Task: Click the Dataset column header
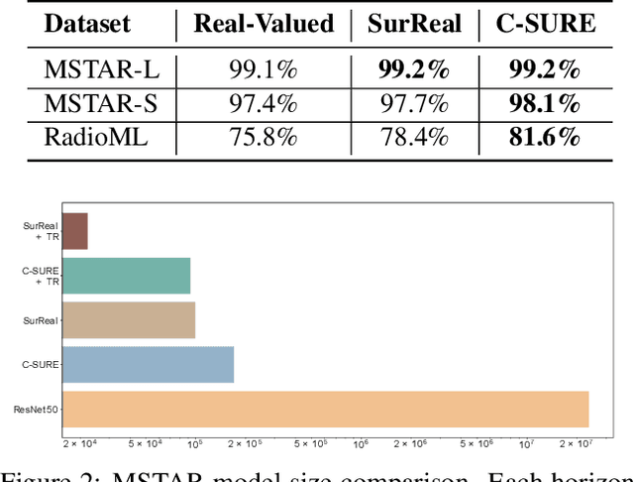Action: coord(88,23)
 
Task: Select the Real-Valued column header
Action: coord(263,23)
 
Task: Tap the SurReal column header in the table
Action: coord(413,23)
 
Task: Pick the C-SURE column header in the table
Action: coord(545,23)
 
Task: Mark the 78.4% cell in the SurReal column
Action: coord(413,137)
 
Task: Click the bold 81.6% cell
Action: coord(545,137)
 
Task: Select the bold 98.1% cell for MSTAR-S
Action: coord(545,104)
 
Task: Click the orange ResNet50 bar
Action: coord(325,410)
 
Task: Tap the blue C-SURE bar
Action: coord(148,365)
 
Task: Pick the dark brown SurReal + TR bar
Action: coord(74,231)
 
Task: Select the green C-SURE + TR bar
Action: coord(126,276)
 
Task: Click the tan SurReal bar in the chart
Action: coord(128,320)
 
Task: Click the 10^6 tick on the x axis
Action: coord(360,442)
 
